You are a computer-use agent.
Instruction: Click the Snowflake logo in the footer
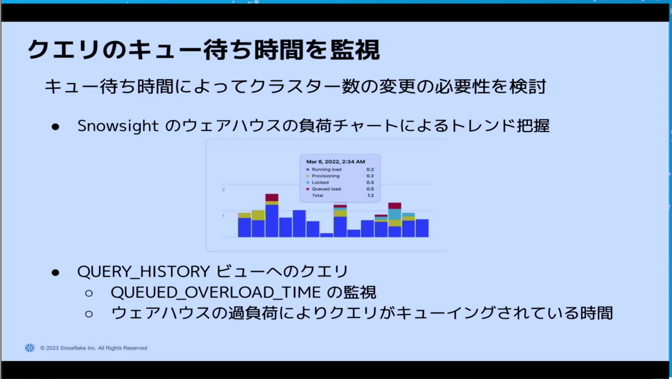tap(30, 348)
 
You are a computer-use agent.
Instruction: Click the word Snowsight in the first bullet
tap(118, 126)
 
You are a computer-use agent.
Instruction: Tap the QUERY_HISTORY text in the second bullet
tap(143, 272)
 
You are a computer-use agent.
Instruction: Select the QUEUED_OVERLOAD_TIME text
tap(216, 292)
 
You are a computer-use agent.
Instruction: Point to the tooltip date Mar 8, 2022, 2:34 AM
tap(335, 162)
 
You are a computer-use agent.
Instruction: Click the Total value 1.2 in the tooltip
tap(370, 195)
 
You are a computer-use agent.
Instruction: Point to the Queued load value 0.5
tap(370, 189)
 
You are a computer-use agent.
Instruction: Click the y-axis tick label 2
tap(223, 190)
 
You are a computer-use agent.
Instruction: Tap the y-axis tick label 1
tap(223, 216)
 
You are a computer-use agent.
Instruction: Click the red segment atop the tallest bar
tap(272, 197)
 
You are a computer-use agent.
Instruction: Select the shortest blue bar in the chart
tap(326, 235)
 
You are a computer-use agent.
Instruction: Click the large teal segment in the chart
tap(394, 214)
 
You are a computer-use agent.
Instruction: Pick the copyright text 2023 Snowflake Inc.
tap(94, 348)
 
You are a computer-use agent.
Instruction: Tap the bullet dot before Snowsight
tap(55, 126)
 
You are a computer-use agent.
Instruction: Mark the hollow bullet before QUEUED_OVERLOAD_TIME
tap(89, 293)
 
